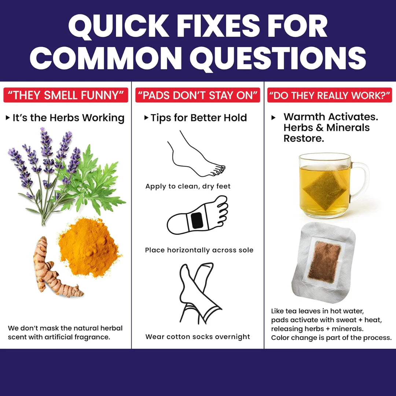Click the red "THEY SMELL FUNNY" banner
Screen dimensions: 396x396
(66, 95)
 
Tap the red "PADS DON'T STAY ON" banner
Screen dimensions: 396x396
(198, 95)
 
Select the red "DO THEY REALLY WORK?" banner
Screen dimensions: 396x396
(330, 95)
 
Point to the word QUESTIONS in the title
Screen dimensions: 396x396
(278, 59)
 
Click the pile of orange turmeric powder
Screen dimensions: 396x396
(89, 247)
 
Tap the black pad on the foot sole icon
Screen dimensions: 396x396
(197, 220)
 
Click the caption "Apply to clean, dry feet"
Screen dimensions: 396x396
(188, 186)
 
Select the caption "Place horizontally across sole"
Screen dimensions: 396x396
(199, 250)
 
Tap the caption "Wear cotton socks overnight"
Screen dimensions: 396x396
(198, 337)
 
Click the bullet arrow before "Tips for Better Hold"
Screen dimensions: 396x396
(146, 117)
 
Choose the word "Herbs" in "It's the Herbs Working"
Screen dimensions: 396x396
(65, 118)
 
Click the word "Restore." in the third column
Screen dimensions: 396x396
(304, 138)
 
